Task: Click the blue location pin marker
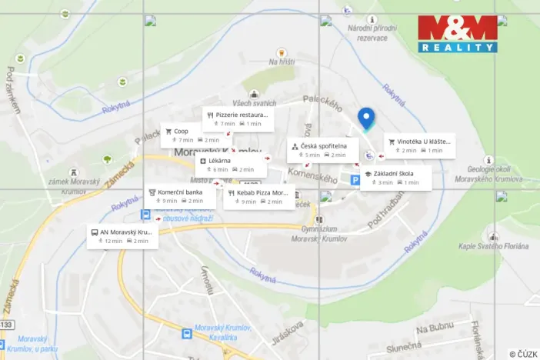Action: coord(366,118)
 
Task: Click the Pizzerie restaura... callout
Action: coord(236,118)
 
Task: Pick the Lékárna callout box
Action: coord(229,165)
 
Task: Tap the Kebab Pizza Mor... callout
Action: coord(258,197)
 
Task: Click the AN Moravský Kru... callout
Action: coord(123,236)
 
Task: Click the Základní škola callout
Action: coord(395,178)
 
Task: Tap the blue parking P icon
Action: coord(355,180)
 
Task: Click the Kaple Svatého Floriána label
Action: coord(493,246)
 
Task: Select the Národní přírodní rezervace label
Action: coord(372,32)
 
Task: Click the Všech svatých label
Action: coord(254,104)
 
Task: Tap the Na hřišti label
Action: coord(282,62)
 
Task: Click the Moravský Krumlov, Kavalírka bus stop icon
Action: coord(187,333)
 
